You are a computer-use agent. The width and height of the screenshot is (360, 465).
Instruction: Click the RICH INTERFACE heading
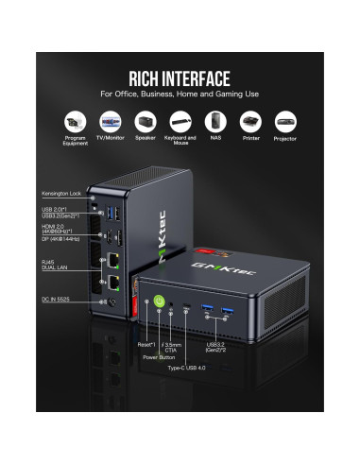180,77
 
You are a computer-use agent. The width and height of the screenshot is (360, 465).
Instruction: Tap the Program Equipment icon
76,123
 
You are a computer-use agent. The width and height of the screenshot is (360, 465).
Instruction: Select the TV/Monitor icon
111,123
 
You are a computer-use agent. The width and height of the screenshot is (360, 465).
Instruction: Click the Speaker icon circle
145,123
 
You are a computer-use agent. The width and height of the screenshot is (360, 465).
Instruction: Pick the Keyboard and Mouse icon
180,123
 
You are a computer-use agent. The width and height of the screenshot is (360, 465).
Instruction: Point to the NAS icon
214,123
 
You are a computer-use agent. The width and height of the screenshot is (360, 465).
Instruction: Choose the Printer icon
249,123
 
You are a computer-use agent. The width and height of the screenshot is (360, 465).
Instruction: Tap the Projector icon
284,123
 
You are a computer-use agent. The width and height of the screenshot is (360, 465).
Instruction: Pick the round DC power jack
114,301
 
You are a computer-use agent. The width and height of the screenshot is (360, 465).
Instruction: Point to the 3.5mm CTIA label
174,347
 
